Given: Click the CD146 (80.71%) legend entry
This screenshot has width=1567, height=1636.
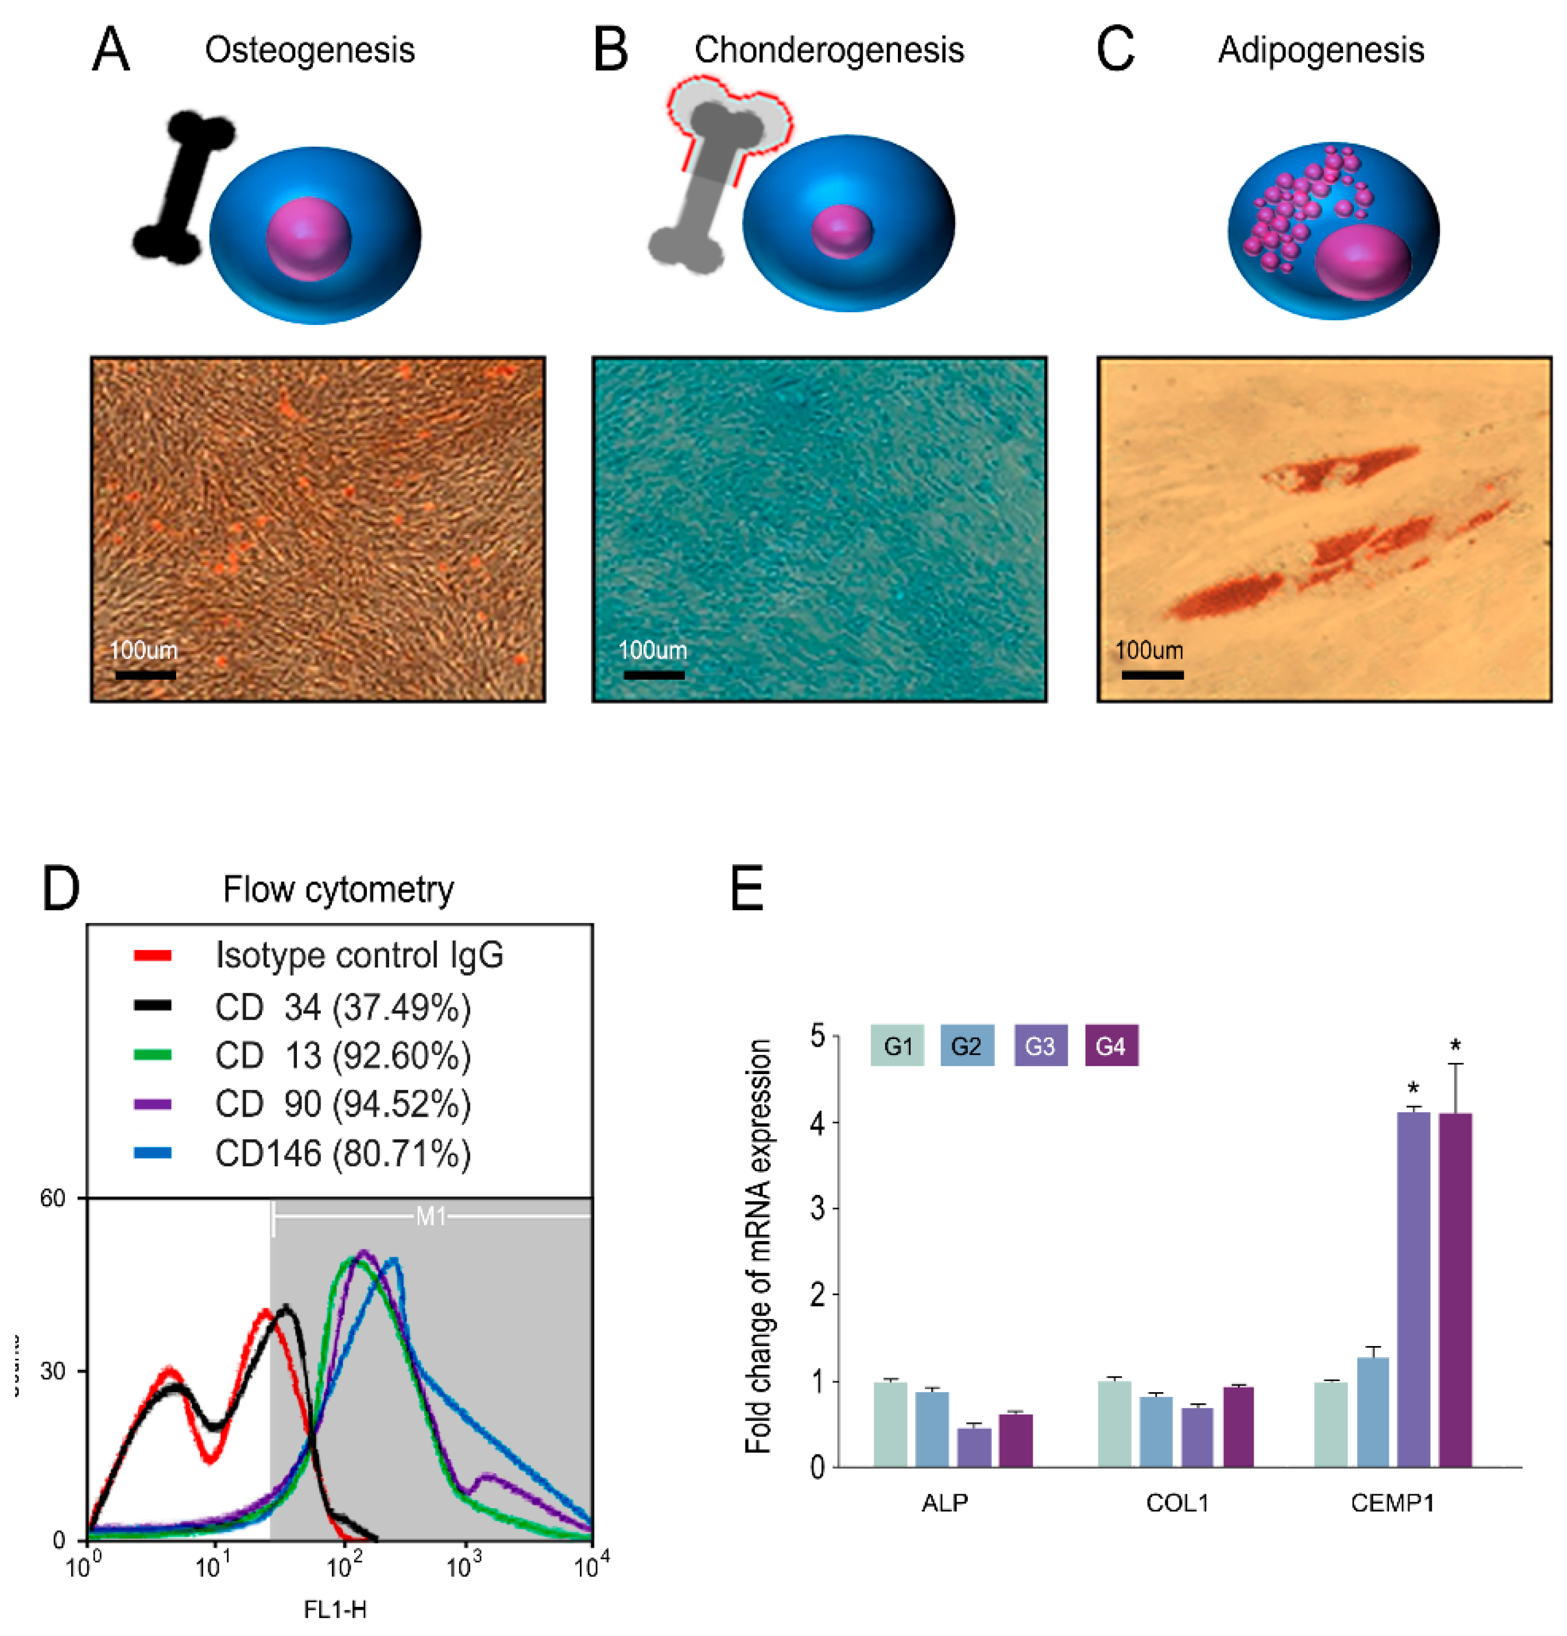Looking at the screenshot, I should [342, 1153].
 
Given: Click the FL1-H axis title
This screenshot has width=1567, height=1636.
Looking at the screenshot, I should [335, 1609].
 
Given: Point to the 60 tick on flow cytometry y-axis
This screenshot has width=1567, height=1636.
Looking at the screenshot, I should [53, 1198].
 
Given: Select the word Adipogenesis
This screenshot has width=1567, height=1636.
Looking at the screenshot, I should [1320, 50].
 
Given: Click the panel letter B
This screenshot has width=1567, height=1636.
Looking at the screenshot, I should [610, 50].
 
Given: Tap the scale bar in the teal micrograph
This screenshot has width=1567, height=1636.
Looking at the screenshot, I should [653, 674].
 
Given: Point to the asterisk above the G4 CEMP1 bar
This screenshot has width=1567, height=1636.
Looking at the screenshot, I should [1455, 1045].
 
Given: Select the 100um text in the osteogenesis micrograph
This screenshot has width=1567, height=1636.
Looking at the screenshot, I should [144, 650].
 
